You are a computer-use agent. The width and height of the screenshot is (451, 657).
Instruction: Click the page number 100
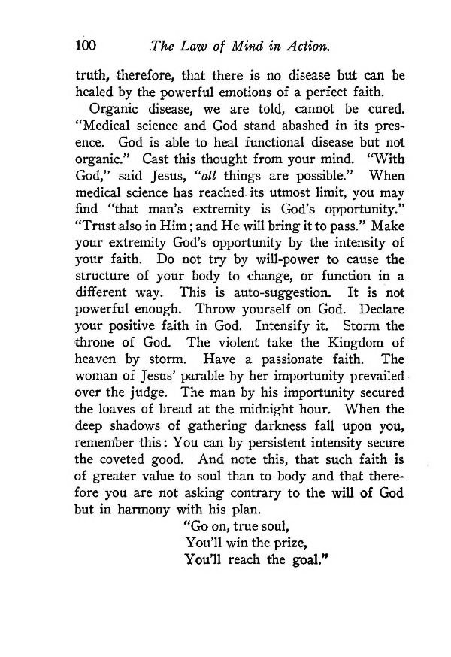[86, 45]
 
